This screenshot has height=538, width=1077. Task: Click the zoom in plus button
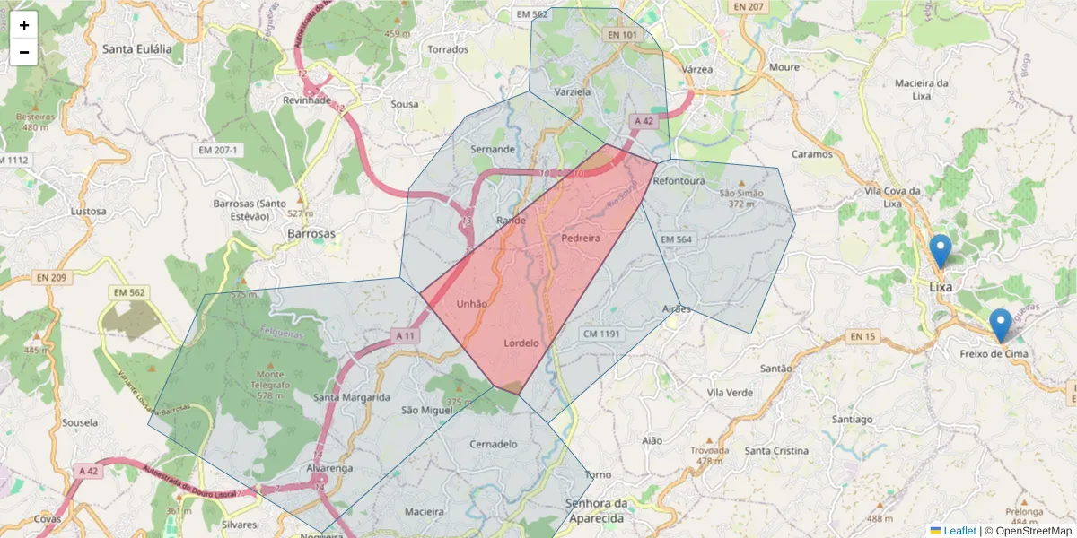click(x=24, y=25)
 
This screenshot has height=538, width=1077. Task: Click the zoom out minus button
click(x=24, y=52)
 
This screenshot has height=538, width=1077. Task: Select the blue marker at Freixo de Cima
click(x=1000, y=325)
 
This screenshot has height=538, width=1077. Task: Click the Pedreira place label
click(x=580, y=239)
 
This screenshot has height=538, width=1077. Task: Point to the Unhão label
click(x=471, y=304)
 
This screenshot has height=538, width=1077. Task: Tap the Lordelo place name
click(x=521, y=343)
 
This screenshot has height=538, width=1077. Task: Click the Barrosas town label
click(x=311, y=233)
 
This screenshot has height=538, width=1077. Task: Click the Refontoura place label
click(x=679, y=181)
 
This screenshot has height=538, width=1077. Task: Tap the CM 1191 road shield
click(x=601, y=334)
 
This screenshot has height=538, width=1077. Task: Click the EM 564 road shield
click(x=677, y=239)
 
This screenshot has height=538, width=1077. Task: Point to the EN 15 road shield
click(x=862, y=337)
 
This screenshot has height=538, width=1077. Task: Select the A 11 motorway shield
click(x=407, y=335)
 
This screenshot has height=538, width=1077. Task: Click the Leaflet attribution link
click(x=959, y=531)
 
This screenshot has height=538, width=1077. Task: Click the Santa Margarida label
click(x=351, y=397)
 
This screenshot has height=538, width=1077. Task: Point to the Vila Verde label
click(x=730, y=393)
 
